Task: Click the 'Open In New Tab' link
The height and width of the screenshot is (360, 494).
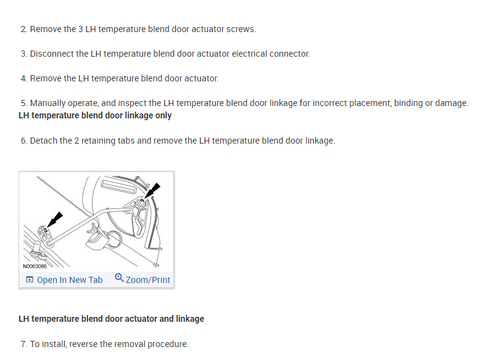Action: click(70, 280)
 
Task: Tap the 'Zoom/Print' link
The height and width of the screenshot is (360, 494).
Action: click(148, 280)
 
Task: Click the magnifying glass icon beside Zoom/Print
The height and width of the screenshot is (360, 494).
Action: click(119, 279)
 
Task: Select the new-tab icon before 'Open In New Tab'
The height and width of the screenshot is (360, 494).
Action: click(30, 280)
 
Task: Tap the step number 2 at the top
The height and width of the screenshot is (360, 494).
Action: click(23, 29)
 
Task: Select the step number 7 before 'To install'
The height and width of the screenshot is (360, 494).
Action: click(23, 344)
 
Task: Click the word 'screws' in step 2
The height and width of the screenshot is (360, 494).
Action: click(241, 29)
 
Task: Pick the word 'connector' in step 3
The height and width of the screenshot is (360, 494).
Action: click(289, 54)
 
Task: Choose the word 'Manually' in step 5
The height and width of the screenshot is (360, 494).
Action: click(49, 103)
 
